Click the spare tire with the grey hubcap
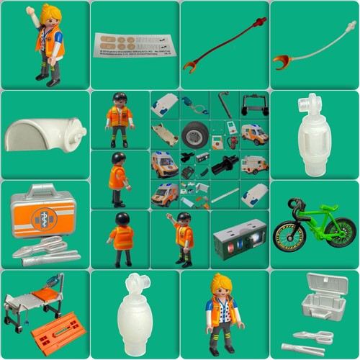pos(194,134)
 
